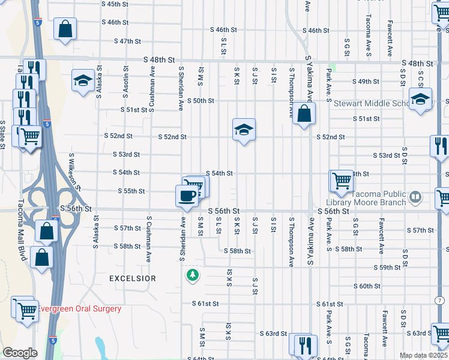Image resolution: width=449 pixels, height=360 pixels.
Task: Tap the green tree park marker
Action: tap(193, 275)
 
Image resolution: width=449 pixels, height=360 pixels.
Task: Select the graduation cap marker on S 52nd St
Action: tap(243, 129)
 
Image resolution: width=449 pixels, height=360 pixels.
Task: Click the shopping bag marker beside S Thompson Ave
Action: tap(305, 113)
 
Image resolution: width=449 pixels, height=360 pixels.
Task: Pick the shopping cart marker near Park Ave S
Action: tap(342, 179)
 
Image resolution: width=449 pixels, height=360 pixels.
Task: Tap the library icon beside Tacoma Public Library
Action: tap(414, 197)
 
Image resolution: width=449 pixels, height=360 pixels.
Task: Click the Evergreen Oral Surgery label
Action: tap(79, 309)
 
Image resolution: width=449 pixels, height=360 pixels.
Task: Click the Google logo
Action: tap(20, 353)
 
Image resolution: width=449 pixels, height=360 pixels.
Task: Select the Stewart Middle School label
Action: tap(372, 103)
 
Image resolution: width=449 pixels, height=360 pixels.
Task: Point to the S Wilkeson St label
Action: tap(75, 171)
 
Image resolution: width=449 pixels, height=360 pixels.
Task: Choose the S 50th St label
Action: tap(200, 101)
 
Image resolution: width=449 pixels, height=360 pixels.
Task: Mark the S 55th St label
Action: tap(130, 191)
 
